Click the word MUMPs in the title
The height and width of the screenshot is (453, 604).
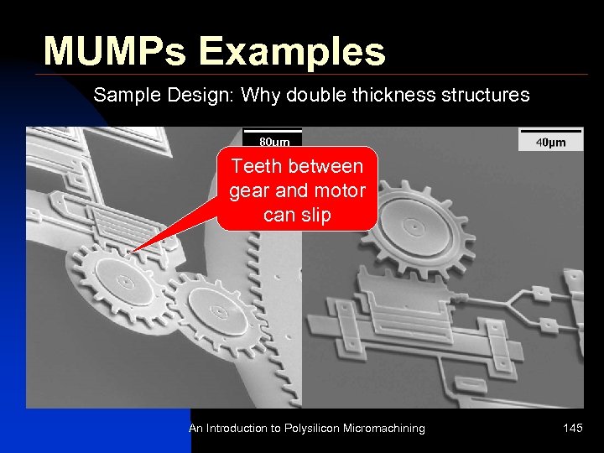(x=114, y=51)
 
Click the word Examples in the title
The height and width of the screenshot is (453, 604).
(x=291, y=51)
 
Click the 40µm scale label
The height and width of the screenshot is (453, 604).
(x=550, y=143)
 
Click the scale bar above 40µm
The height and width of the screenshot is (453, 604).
(x=550, y=131)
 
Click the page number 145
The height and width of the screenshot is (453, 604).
(x=573, y=429)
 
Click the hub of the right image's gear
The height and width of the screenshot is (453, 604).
(x=413, y=226)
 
